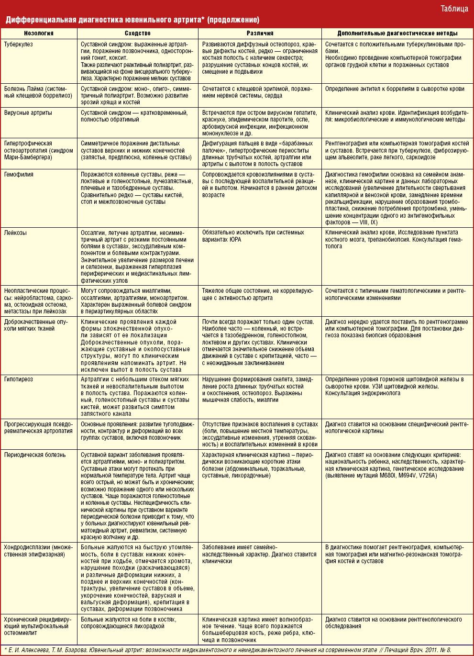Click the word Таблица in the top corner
(454, 9)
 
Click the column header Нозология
(39, 33)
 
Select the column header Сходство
(138, 33)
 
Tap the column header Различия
(260, 33)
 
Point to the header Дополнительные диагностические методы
(397, 33)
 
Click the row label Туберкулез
(19, 44)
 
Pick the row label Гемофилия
(19, 175)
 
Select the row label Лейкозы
(16, 233)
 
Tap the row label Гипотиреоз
(19, 379)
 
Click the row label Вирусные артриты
(28, 113)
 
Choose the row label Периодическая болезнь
(35, 455)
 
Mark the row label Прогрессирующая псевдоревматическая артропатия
(38, 427)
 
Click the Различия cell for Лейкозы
(253, 236)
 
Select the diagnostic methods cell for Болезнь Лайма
(395, 89)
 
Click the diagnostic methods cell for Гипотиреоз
(394, 386)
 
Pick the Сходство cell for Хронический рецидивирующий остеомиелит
(129, 623)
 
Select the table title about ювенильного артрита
(132, 20)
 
